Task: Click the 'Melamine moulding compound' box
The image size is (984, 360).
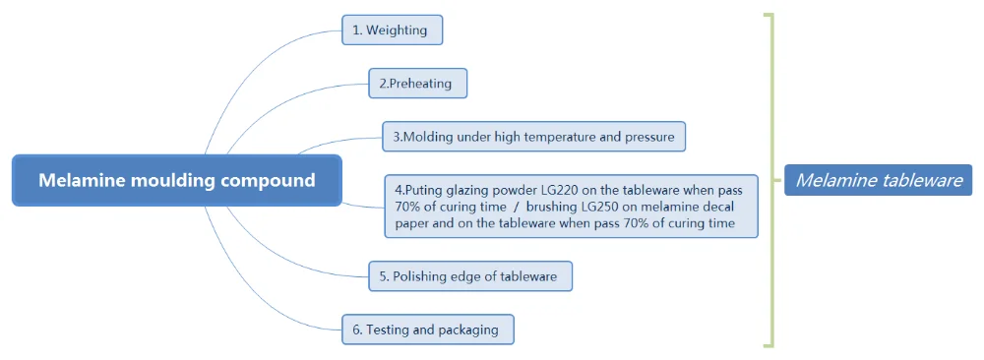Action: click(x=177, y=181)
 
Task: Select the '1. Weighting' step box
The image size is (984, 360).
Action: click(x=393, y=30)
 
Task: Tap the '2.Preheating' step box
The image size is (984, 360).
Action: click(x=418, y=84)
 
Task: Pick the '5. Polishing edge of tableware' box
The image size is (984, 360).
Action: click(x=470, y=276)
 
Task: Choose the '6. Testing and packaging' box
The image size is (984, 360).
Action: click(x=428, y=330)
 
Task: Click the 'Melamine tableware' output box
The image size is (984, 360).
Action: click(x=879, y=181)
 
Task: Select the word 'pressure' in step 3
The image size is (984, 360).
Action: click(x=649, y=138)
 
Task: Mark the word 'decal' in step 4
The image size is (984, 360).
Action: click(x=719, y=207)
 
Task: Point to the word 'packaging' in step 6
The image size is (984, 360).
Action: click(x=471, y=330)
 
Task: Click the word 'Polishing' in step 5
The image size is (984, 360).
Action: click(x=419, y=277)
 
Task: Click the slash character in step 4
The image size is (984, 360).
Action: click(x=514, y=207)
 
